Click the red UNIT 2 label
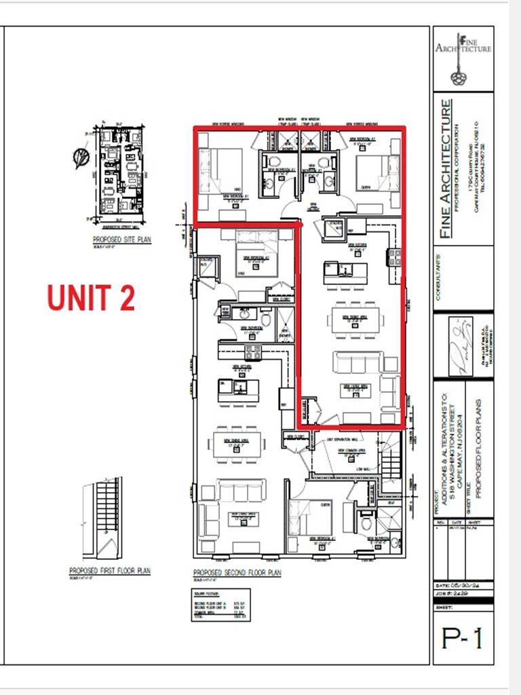coord(90,298)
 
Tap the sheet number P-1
coord(463,637)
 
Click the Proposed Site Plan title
coord(122,240)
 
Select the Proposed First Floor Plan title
coord(109,571)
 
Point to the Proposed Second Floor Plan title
coord(237,573)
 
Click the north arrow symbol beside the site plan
coord(81,158)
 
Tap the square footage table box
coord(220,604)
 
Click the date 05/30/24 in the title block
coord(469,585)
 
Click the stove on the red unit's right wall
coord(394,257)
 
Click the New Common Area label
coord(353,449)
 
